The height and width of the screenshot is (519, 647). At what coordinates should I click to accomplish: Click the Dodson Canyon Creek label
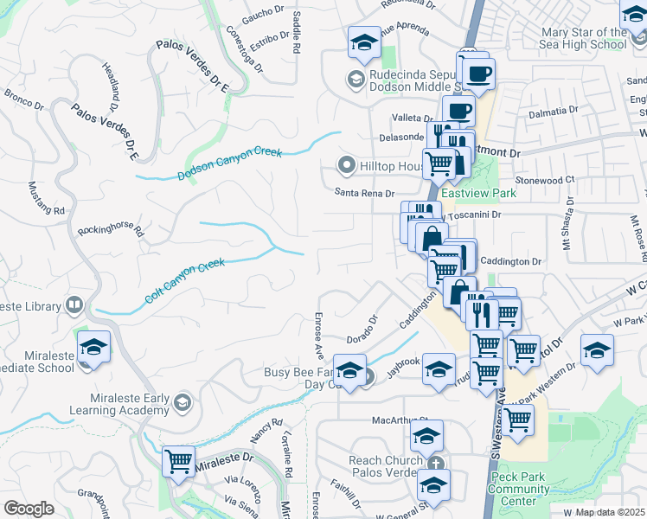tap(230, 163)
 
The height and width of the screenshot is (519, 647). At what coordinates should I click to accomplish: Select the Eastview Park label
tap(477, 194)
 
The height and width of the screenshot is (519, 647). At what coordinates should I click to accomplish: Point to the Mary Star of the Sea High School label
tap(581, 38)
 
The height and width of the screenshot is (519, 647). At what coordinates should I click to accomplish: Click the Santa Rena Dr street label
tap(365, 194)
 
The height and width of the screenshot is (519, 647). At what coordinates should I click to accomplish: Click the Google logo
tap(29, 509)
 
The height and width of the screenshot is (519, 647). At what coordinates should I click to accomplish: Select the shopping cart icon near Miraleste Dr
tap(179, 461)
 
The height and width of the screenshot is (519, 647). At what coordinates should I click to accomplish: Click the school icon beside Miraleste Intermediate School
tap(93, 347)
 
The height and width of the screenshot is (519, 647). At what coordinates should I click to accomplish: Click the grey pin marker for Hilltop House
tap(347, 164)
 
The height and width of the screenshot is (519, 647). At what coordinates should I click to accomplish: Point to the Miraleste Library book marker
tap(74, 305)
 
